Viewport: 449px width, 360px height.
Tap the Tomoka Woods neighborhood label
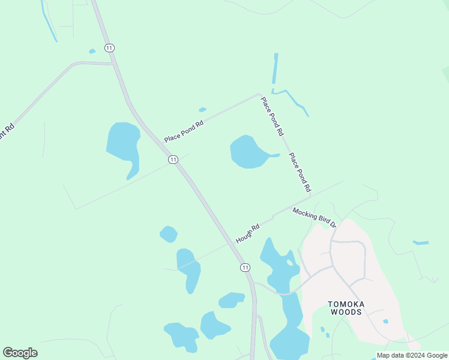(346, 308)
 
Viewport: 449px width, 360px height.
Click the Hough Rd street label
(247, 233)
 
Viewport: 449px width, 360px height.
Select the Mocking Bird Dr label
(315, 217)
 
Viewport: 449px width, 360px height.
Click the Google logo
(20, 352)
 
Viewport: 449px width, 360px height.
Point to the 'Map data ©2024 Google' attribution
(412, 355)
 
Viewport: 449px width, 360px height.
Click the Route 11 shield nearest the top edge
(109, 47)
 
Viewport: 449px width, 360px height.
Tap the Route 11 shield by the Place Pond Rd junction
(173, 159)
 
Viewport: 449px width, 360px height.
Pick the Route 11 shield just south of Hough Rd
(245, 267)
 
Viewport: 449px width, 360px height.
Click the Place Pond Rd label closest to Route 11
(184, 130)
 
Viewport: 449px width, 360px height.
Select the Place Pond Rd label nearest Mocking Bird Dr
(300, 172)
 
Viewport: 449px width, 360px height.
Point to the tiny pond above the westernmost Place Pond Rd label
(202, 110)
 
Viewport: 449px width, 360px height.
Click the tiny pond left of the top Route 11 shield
(92, 51)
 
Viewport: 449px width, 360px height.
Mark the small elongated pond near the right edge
(421, 243)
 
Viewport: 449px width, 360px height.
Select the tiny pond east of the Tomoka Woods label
(385, 322)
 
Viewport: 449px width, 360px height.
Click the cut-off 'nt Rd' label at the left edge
(7, 131)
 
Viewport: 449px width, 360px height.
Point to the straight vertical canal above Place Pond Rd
(276, 68)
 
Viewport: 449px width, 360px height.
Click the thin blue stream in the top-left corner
(48, 21)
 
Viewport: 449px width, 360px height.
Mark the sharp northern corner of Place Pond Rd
(259, 94)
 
